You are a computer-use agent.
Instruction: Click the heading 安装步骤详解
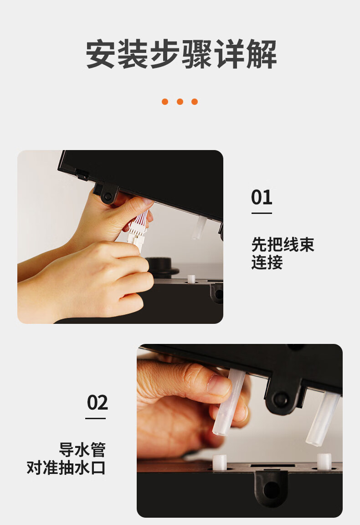coord(181,54)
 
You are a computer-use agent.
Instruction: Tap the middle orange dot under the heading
coord(180,101)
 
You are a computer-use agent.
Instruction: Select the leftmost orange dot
coord(165,101)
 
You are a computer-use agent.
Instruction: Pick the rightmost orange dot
coord(195,101)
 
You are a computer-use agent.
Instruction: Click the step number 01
coord(262,197)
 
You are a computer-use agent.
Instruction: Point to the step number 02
coord(98,402)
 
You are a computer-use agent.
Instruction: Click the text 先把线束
coord(283,244)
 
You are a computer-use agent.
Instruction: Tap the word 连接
coord(267,262)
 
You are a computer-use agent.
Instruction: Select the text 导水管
coord(82,449)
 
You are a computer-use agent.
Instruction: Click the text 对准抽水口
coord(66,468)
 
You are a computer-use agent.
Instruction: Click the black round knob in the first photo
coord(163,266)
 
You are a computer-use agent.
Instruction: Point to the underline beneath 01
coord(262,213)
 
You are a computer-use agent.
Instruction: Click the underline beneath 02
coord(95,419)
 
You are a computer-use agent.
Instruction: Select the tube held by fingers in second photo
coord(229,402)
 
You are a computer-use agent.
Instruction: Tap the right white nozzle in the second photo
coord(324,461)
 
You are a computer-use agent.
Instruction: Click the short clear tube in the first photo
coord(199,227)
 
